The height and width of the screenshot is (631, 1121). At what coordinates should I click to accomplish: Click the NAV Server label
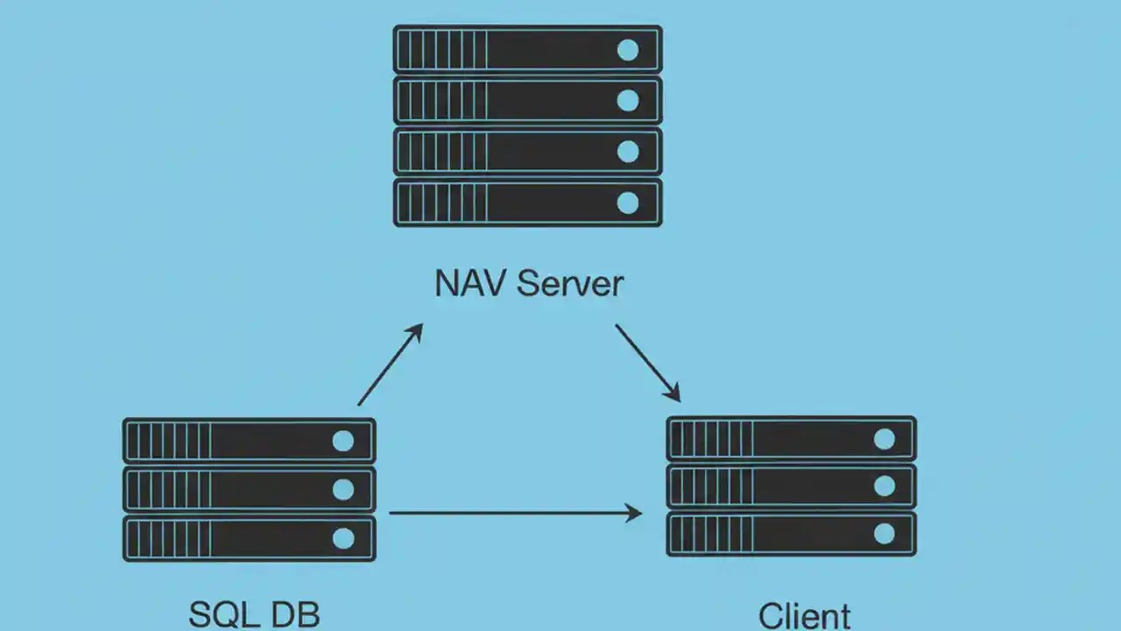tap(529, 284)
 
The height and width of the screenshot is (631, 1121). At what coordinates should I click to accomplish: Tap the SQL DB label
tap(254, 614)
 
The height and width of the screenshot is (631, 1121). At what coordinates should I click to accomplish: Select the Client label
tap(804, 615)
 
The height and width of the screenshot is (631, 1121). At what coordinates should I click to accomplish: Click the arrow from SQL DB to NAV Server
tap(391, 365)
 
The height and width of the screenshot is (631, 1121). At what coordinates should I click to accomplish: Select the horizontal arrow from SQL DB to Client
tap(515, 513)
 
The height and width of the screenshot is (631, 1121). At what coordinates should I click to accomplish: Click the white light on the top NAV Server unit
tap(628, 50)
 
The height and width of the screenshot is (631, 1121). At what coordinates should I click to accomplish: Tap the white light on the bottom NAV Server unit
tap(628, 203)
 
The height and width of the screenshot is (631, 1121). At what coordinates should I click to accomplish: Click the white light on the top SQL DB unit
tap(343, 441)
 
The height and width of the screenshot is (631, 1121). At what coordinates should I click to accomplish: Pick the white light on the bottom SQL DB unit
tap(343, 538)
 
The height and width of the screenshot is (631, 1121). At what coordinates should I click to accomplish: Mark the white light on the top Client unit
tap(885, 439)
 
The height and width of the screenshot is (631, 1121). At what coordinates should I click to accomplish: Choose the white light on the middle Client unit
tap(885, 486)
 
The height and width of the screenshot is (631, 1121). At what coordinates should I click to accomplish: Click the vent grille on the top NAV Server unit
tap(442, 49)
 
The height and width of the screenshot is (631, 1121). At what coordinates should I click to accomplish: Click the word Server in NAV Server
tap(571, 284)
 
